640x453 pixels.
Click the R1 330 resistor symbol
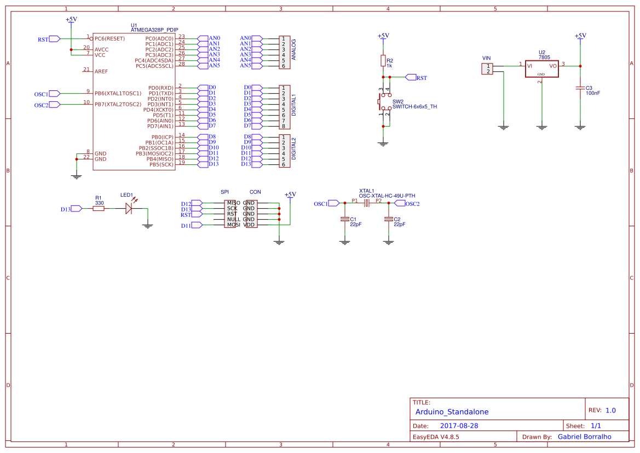(99, 208)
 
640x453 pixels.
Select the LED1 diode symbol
(129, 208)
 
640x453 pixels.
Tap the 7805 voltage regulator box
(541, 68)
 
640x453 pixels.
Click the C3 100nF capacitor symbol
(580, 88)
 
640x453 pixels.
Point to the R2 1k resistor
(383, 60)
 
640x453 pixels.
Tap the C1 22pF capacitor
(345, 219)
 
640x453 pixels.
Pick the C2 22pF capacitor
(389, 219)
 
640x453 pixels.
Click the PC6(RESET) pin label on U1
(109, 38)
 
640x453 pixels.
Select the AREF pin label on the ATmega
(101, 71)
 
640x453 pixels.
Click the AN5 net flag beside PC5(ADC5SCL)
(214, 66)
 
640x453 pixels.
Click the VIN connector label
(486, 58)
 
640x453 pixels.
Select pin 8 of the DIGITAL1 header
(284, 126)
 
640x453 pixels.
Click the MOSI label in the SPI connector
(233, 225)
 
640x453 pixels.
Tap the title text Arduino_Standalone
(452, 412)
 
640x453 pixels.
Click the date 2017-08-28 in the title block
(459, 426)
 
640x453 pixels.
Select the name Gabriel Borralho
(584, 437)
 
